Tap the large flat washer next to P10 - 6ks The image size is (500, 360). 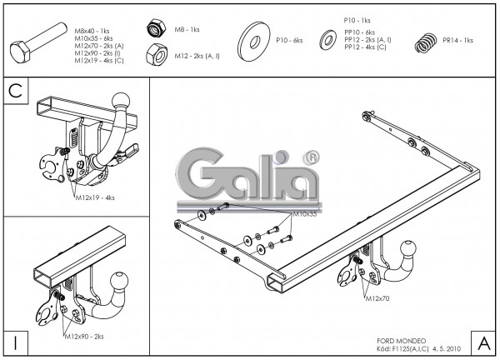(x=253, y=40)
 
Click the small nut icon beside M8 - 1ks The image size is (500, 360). (x=154, y=28)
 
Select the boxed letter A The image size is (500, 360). (x=482, y=342)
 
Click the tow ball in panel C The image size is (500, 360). (x=121, y=102)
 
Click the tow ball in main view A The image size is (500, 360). (x=411, y=249)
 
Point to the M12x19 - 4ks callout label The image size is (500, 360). (x=94, y=197)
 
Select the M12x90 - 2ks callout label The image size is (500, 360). (x=84, y=336)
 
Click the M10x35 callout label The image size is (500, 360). (x=304, y=214)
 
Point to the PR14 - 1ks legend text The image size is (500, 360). (x=457, y=40)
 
